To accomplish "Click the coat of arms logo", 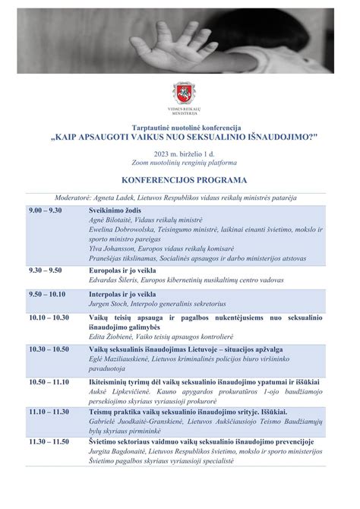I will click(x=180, y=93).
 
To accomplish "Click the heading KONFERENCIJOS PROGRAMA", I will click(x=180, y=180).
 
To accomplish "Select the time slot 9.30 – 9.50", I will click(x=45, y=270).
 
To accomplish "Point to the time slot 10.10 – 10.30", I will click(x=49, y=318).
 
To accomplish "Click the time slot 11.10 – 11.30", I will click(x=49, y=411).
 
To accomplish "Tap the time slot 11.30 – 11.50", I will click(x=49, y=441).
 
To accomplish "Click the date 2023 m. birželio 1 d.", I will click(x=180, y=153).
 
